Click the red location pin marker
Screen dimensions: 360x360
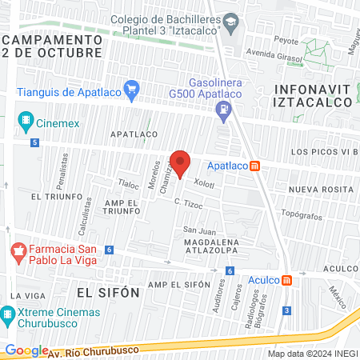[180, 162]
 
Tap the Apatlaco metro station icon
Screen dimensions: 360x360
[255, 166]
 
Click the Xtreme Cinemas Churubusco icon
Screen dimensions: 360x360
[8, 313]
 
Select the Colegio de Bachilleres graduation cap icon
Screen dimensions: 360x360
[231, 21]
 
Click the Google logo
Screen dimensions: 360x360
[26, 350]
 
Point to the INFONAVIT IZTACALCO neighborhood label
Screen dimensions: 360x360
[313, 95]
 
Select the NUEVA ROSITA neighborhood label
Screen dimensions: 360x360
[321, 189]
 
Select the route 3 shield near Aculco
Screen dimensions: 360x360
[286, 310]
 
